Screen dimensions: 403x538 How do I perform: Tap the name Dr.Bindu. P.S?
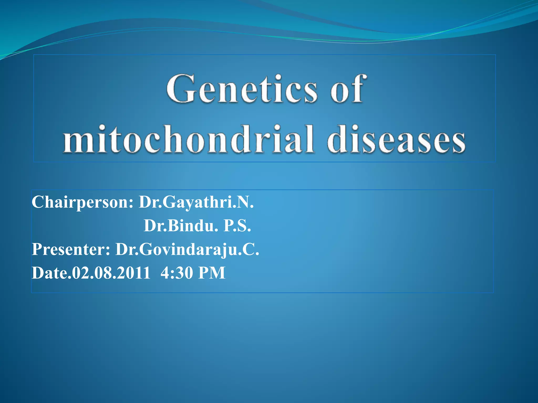click(x=197, y=226)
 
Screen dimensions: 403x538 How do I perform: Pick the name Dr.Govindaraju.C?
click(x=187, y=249)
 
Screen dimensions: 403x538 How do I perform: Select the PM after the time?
click(x=212, y=273)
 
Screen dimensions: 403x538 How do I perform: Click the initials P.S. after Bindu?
click(x=237, y=226)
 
